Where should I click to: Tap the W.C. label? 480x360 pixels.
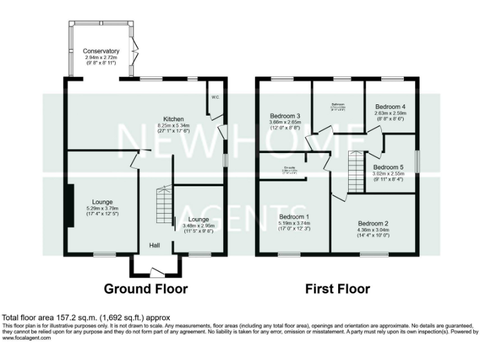214,97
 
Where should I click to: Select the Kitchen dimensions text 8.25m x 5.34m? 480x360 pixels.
173,124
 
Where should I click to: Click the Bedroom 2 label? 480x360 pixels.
373,222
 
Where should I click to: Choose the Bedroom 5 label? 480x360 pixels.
388,167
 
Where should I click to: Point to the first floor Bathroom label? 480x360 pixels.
338,104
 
